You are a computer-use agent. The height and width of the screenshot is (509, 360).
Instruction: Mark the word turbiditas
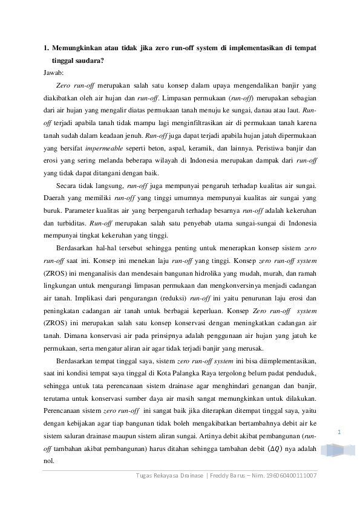click(x=70, y=223)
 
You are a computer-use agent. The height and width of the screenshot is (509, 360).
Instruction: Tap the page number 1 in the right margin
click(x=339, y=432)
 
